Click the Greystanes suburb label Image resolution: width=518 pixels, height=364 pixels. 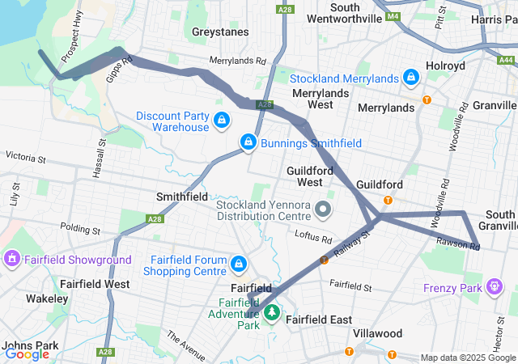pos(221,32)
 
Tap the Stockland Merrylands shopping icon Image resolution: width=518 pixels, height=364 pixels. pos(411,78)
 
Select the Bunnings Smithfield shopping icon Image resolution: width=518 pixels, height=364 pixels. pos(247,143)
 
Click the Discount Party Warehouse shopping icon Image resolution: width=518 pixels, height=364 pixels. pos(221,121)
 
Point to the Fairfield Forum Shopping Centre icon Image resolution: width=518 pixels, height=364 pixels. pos(239,264)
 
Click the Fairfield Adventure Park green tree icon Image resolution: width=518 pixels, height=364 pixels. pos(273,312)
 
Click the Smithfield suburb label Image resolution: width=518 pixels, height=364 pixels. pos(182,197)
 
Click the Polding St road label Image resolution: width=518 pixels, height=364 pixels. pos(79,231)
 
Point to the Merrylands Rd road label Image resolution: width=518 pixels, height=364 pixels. pos(237,61)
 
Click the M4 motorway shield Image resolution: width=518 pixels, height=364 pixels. pos(393,15)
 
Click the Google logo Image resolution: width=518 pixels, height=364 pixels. pos(27,353)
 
